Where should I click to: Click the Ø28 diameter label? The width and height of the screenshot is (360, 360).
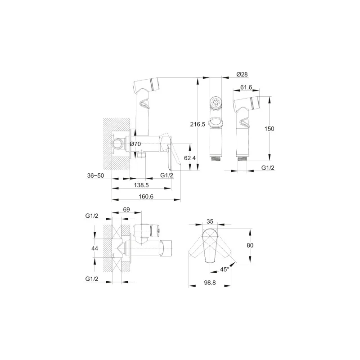click(x=242, y=74)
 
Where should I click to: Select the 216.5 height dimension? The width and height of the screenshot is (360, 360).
click(x=198, y=124)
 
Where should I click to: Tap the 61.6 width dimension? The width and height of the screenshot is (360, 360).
click(x=246, y=87)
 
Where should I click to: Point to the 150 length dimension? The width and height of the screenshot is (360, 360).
click(x=269, y=129)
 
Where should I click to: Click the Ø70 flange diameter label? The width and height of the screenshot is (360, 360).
click(x=135, y=144)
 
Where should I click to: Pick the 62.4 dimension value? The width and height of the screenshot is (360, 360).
click(x=190, y=158)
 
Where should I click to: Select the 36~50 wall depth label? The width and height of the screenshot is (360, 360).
click(x=95, y=175)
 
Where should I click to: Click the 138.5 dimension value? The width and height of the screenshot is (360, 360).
click(x=141, y=185)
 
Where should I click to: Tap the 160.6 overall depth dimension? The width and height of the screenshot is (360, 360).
click(x=146, y=197)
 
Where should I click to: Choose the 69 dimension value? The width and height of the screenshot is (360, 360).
click(x=126, y=209)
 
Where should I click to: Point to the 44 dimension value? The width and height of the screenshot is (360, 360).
click(x=94, y=248)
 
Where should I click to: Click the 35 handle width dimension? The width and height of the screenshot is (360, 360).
click(x=210, y=221)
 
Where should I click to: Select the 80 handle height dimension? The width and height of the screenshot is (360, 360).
click(x=250, y=245)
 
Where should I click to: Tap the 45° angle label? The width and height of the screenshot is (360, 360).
click(x=225, y=269)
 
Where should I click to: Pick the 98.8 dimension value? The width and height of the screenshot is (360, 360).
click(x=210, y=283)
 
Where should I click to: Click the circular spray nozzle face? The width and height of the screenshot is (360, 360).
click(x=216, y=102)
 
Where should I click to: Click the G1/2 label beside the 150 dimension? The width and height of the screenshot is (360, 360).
click(x=268, y=167)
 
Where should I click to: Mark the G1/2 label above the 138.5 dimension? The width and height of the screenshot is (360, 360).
click(x=166, y=175)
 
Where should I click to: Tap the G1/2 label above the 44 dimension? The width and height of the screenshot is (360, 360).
click(x=92, y=216)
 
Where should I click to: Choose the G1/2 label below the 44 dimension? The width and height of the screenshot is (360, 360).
click(x=92, y=279)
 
